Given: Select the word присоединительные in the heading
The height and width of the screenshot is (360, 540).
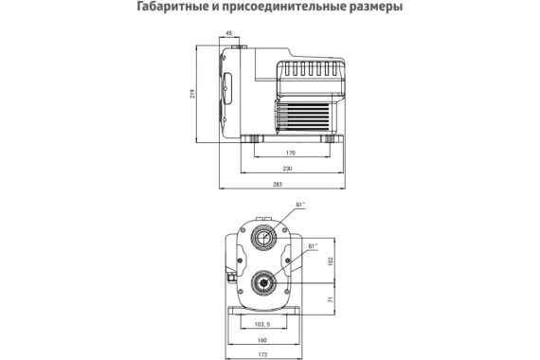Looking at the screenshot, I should [x=279, y=9].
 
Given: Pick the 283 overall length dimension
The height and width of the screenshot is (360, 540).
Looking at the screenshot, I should [x=277, y=183].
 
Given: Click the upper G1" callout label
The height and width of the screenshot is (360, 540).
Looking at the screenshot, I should [x=300, y=204].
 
